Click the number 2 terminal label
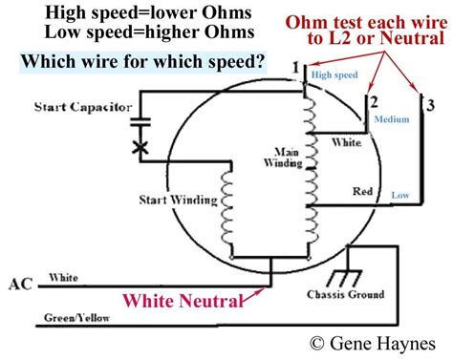click(374, 100)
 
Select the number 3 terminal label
click(431, 103)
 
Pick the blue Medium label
click(391, 121)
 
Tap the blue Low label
click(400, 195)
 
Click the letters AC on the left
click(21, 284)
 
